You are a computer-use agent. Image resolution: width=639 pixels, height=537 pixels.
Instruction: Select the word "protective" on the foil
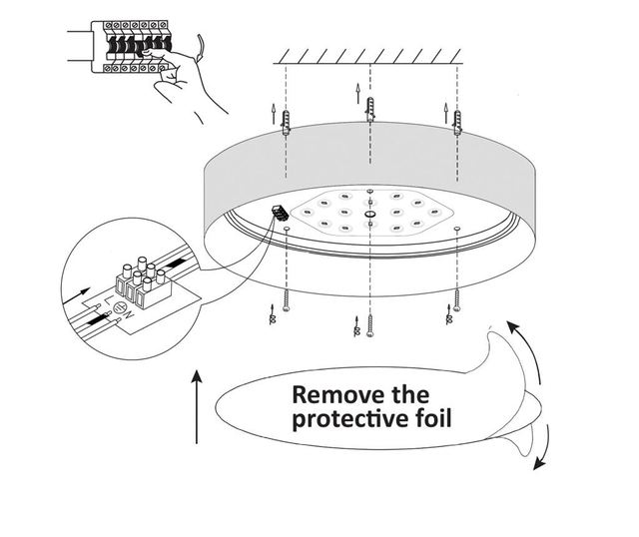(x=338, y=417)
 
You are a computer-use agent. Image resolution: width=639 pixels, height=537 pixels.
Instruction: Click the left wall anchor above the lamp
(x=287, y=123)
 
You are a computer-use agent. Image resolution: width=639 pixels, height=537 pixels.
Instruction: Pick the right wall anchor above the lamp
(x=458, y=120)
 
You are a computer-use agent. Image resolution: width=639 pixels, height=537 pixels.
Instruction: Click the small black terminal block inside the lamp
(x=279, y=212)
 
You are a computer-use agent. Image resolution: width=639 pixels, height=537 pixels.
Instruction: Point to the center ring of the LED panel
(x=370, y=212)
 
